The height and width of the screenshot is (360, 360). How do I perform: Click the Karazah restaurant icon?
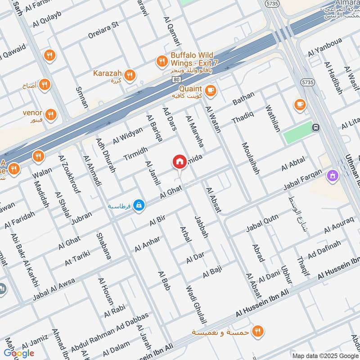[130, 76]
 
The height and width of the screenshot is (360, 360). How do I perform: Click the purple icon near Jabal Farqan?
[333, 175]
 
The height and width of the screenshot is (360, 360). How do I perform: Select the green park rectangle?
[297, 132]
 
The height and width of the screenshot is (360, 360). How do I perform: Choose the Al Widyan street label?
[127, 135]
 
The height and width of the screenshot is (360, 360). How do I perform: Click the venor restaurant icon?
[51, 115]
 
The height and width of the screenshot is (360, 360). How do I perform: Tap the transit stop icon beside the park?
[316, 127]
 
